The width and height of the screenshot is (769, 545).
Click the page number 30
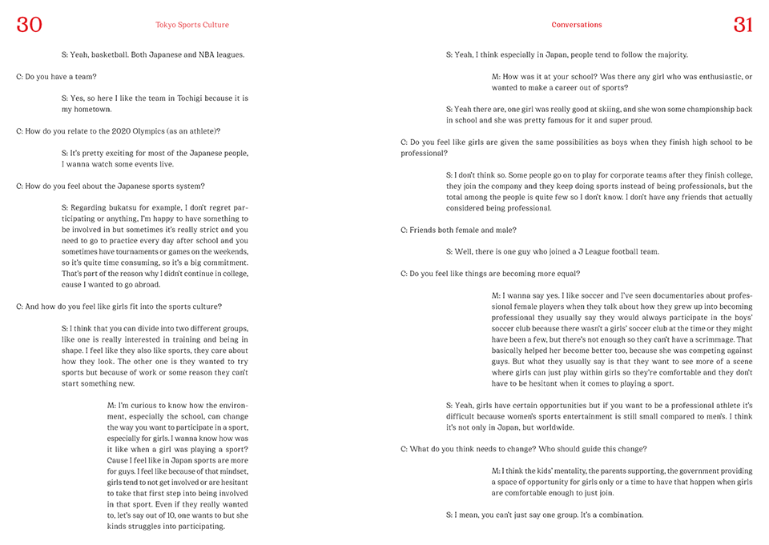29,25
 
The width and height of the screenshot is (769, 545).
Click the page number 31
743,25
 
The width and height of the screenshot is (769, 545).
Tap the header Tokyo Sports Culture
192,25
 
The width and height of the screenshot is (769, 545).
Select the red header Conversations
577,25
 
